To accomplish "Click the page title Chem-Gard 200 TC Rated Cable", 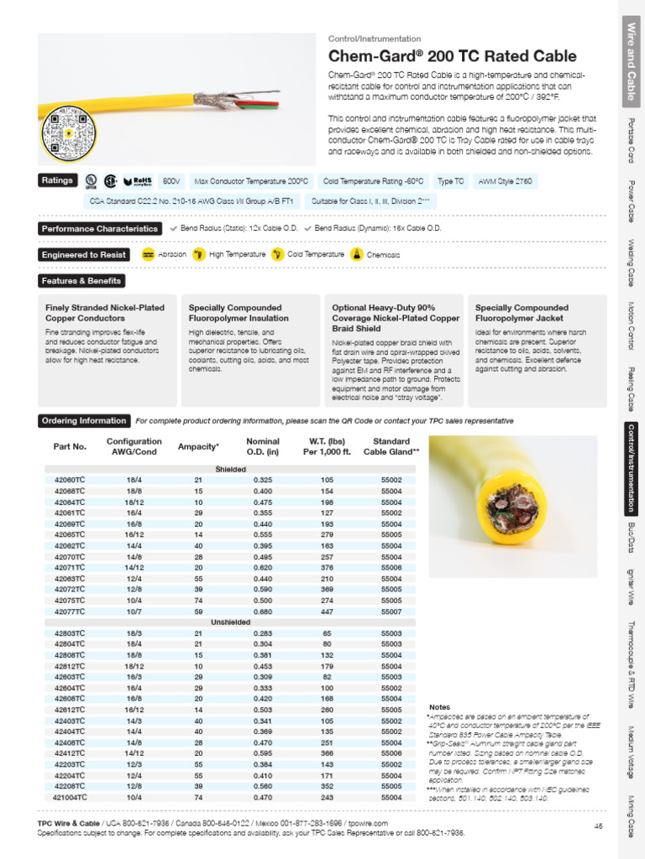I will pos(452,57).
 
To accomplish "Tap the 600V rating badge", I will pos(171,181).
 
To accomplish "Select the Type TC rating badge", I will pos(451,181).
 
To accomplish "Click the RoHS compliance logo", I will pos(137,181).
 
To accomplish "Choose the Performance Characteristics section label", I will pos(100,229).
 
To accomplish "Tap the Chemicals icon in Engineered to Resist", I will pos(356,254).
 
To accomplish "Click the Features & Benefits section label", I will pos(81,281).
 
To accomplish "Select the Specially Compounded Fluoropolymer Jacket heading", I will pos(522,313).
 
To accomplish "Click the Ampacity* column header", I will pos(199,447).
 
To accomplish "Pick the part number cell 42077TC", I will pos(70,612).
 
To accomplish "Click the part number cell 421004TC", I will pos(70,798).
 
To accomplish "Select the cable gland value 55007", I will pos(391,612).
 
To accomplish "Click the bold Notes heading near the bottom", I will pos(440,708).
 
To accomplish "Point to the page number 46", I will pos(599,825).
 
